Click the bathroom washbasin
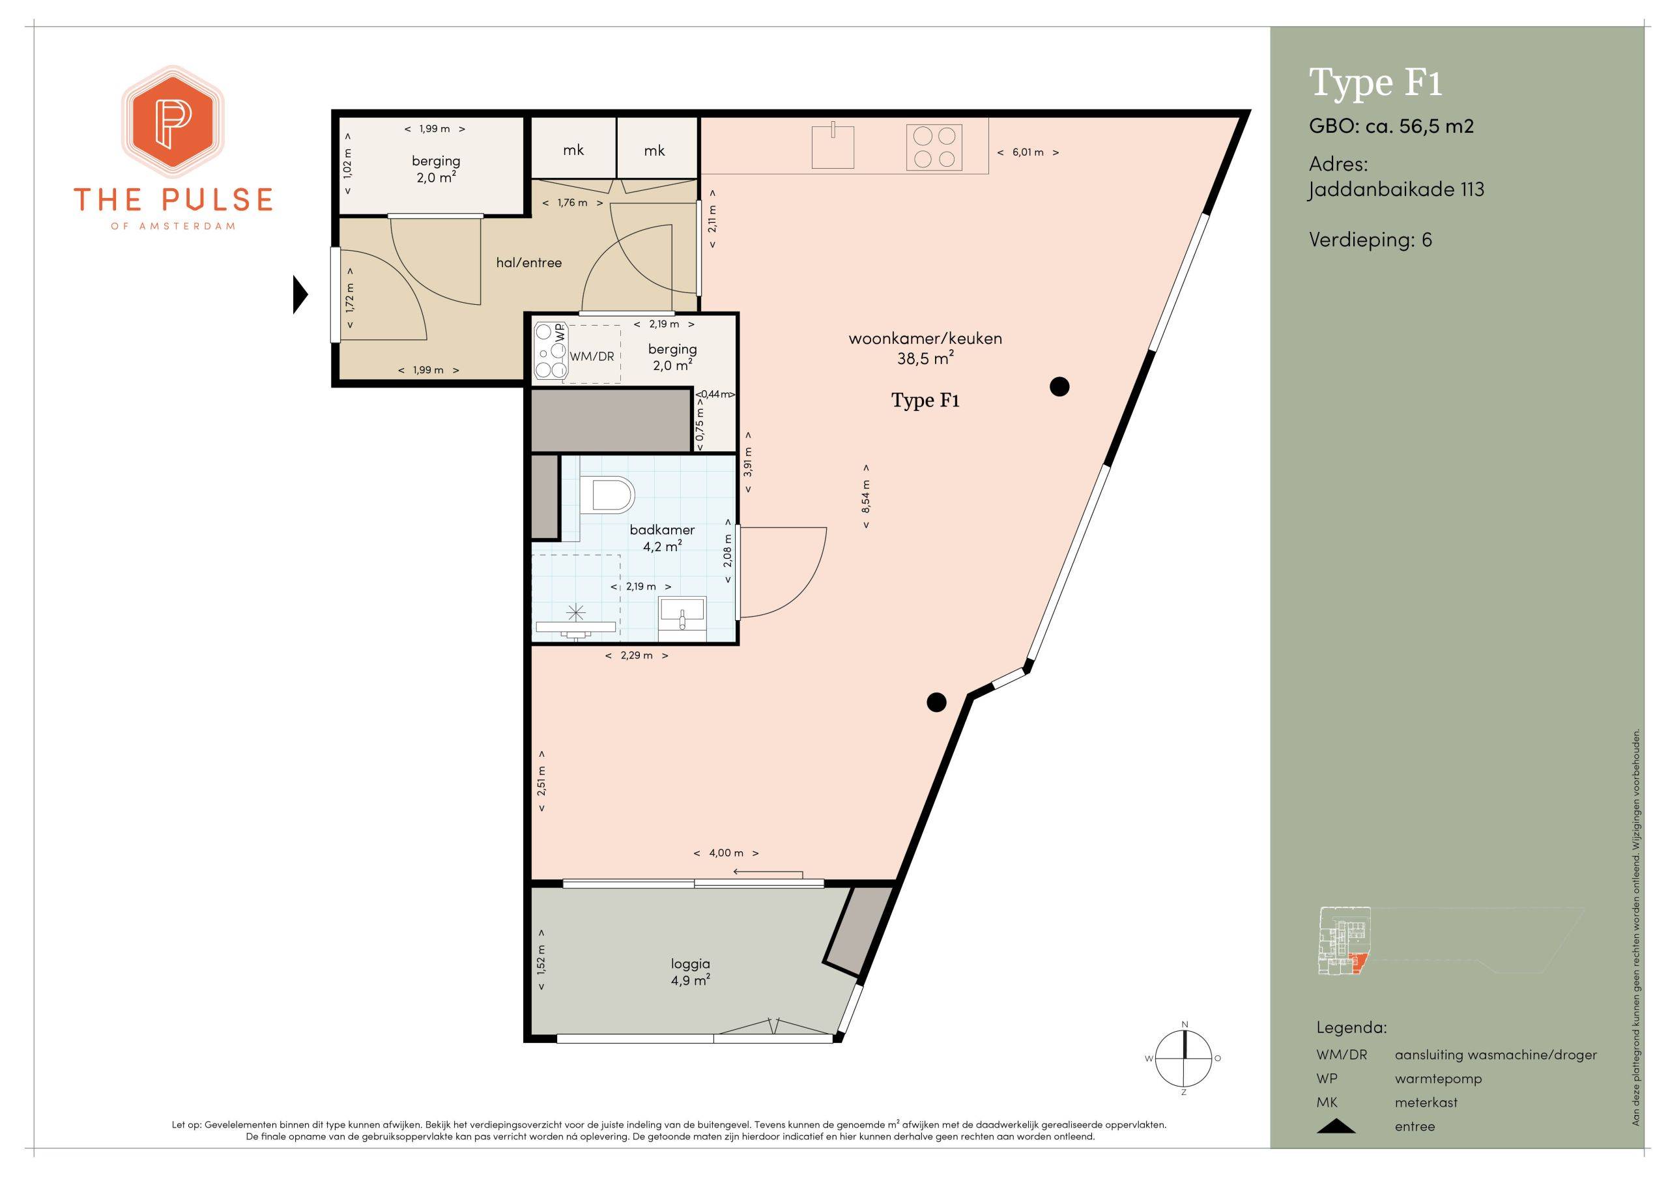click(x=682, y=618)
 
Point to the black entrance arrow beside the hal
click(x=300, y=294)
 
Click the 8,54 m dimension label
click(x=865, y=496)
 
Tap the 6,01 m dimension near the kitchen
click(x=1028, y=152)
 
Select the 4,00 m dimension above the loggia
click(x=726, y=853)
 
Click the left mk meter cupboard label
click(x=573, y=150)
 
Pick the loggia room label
click(x=690, y=964)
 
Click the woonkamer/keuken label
click(x=925, y=339)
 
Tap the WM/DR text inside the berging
click(x=592, y=357)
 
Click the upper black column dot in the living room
click(x=1060, y=386)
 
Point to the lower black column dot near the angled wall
click(x=936, y=702)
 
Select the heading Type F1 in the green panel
click(x=1375, y=83)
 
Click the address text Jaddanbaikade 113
click(x=1396, y=190)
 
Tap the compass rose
click(x=1184, y=1058)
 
